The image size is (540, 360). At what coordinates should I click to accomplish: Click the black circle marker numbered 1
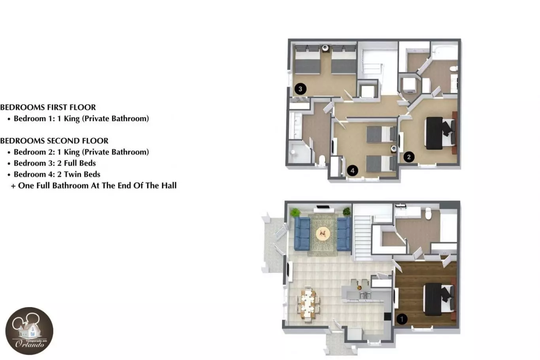pos(402,319)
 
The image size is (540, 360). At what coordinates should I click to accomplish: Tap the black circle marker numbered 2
pos(409,157)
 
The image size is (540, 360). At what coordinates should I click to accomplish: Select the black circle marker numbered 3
pos(300,89)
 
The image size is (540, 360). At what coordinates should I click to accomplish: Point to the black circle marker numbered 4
pos(353,171)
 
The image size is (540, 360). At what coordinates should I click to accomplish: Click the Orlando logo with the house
pos(29,331)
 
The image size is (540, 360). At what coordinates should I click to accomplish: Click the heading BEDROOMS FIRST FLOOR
pos(48,107)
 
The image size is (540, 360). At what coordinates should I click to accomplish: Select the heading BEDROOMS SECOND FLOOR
pos(54,141)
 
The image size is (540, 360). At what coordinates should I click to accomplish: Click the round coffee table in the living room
pos(323,233)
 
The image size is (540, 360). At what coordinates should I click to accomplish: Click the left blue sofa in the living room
pos(302,234)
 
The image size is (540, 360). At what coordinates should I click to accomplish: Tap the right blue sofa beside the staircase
pos(344,234)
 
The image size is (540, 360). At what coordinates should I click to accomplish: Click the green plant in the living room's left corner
pos(295,213)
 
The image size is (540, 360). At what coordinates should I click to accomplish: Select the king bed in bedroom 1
pos(439,299)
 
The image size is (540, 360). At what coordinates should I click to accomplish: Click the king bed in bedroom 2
pos(440,133)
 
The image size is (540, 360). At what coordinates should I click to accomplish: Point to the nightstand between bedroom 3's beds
pos(325,49)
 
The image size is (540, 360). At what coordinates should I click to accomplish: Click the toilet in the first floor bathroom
pos(428,213)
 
